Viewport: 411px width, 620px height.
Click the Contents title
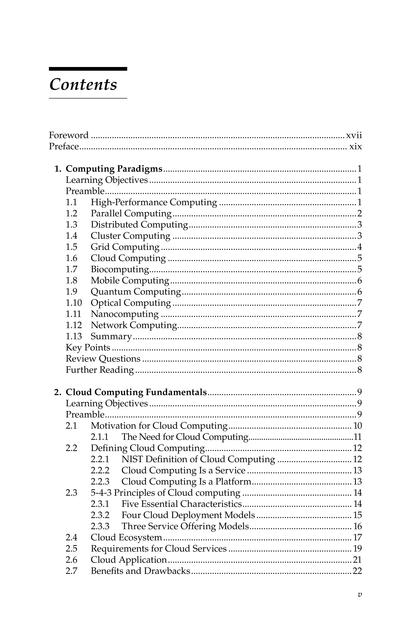point(83,85)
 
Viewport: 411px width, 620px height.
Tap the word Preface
point(64,146)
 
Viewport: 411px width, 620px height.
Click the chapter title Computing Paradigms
point(114,169)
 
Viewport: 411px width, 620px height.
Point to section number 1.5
point(71,247)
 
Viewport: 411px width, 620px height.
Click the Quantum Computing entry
point(136,292)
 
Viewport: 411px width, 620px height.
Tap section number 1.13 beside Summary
point(74,336)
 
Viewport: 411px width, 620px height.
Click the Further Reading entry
point(100,370)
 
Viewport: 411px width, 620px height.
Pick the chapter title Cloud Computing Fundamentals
point(136,392)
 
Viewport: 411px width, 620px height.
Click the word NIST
point(132,459)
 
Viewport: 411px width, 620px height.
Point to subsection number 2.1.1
point(100,437)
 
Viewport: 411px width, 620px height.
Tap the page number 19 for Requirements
point(358,549)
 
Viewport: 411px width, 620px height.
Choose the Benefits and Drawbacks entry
point(140,571)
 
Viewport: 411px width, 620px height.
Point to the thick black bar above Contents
point(88,69)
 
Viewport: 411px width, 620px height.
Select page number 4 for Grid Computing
point(359,247)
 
